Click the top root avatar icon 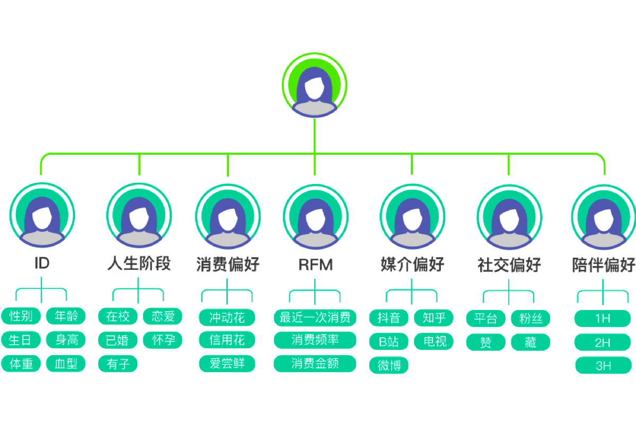(315, 86)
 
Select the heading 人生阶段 (139, 263)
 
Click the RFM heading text (315, 264)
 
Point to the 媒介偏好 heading (412, 264)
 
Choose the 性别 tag (21, 316)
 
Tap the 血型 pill (66, 364)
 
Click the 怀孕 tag (163, 340)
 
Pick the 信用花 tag (227, 340)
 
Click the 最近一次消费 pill (315, 317)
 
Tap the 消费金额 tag (315, 364)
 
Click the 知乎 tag (434, 317)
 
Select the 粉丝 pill (531, 319)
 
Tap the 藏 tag (531, 342)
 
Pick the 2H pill (603, 342)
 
